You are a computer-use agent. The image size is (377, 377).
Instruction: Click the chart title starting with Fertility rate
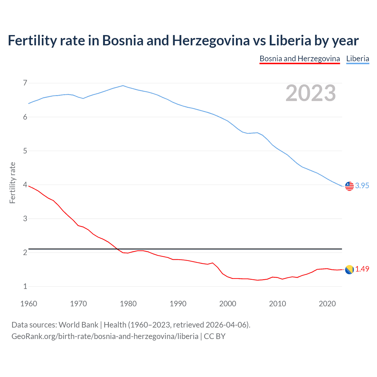(183, 41)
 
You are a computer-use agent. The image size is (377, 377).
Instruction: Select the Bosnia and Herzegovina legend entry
(300, 59)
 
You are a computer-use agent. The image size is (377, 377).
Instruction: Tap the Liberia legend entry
(358, 59)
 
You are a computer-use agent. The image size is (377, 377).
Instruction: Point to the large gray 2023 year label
(311, 93)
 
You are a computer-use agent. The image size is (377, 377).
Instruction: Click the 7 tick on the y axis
(25, 83)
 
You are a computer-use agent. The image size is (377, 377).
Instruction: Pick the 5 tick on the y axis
(25, 151)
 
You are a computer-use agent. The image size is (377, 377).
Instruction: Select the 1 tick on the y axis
(25, 286)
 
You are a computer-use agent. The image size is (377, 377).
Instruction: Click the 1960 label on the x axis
(29, 304)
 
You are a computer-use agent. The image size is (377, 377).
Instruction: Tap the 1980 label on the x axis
(128, 304)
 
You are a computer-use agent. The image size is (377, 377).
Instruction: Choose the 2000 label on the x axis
(228, 304)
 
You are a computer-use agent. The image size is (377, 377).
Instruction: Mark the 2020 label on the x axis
(327, 304)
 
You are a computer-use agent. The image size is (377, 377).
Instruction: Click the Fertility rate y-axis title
(12, 183)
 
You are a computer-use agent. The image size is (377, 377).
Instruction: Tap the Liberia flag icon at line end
(349, 186)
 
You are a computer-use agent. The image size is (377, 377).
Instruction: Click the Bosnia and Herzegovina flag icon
(349, 269)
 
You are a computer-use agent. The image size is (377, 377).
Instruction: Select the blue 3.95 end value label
(362, 186)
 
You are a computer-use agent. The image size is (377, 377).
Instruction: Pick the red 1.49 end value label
(362, 269)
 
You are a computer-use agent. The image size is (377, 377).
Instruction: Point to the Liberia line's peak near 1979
(123, 86)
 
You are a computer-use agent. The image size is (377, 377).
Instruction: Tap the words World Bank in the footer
(78, 325)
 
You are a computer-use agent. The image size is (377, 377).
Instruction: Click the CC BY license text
(214, 336)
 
